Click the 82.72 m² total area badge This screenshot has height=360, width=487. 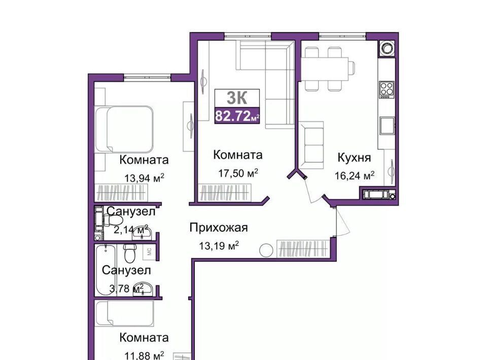pyautogui.click(x=237, y=116)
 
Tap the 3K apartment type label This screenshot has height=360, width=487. pyautogui.click(x=237, y=98)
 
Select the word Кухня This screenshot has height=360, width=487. pyautogui.click(x=354, y=158)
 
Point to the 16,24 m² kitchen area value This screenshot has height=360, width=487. pyautogui.click(x=355, y=175)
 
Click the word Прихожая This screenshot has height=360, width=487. pyautogui.click(x=219, y=228)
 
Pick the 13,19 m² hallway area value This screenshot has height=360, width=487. pyautogui.click(x=219, y=246)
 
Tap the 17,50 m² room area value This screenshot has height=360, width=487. pyautogui.click(x=238, y=173)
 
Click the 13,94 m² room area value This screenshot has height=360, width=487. pyautogui.click(x=144, y=178)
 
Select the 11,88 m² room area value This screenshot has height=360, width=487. pyautogui.click(x=144, y=355)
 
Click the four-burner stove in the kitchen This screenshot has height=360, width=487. pyautogui.click(x=387, y=89)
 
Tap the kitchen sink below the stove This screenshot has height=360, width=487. pyautogui.click(x=387, y=126)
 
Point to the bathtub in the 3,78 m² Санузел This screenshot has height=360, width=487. pyautogui.click(x=106, y=270)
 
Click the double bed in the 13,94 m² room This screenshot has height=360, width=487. pyautogui.click(x=125, y=129)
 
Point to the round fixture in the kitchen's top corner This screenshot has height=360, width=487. pyautogui.click(x=387, y=49)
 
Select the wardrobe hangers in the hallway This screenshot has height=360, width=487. pyautogui.click(x=303, y=249)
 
